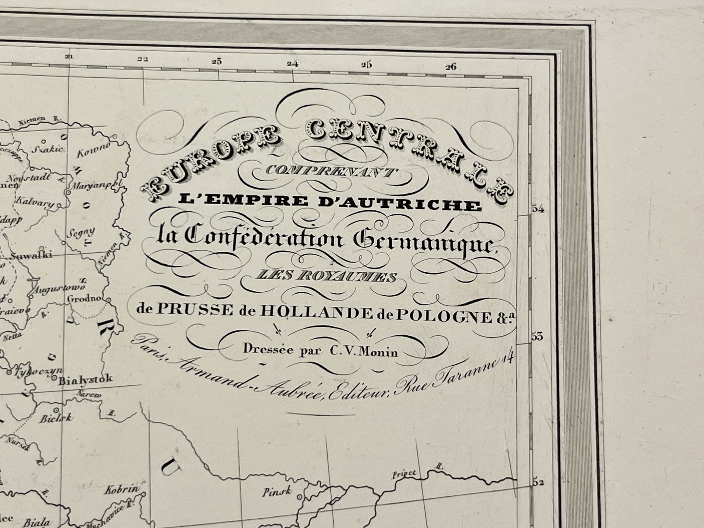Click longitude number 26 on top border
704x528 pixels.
coord(451,67)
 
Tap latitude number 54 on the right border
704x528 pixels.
coord(538,209)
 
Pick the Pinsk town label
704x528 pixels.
coord(277,492)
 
